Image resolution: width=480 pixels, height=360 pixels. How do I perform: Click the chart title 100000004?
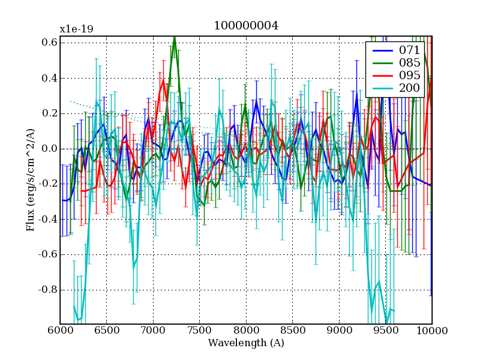pyautogui.click(x=246, y=26)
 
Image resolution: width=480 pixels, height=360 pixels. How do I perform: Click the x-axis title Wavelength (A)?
pyautogui.click(x=246, y=343)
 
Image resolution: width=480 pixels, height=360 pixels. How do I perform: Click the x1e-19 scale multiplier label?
pyautogui.click(x=76, y=29)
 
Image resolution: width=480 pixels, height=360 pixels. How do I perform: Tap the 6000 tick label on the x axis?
pyautogui.click(x=60, y=331)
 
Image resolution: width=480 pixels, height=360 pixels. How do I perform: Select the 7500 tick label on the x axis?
pyautogui.click(x=199, y=331)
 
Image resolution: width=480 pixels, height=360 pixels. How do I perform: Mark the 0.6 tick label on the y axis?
pyautogui.click(x=49, y=43)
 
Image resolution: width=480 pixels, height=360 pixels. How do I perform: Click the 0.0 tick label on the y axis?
pyautogui.click(x=49, y=149)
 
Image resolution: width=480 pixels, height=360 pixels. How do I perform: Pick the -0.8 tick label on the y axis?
pyautogui.click(x=47, y=290)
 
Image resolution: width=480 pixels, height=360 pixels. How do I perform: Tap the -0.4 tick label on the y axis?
pyautogui.click(x=47, y=220)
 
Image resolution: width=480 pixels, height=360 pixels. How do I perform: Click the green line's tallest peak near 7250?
pyautogui.click(x=174, y=38)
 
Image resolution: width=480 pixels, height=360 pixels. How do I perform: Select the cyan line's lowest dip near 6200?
pyautogui.click(x=78, y=319)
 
